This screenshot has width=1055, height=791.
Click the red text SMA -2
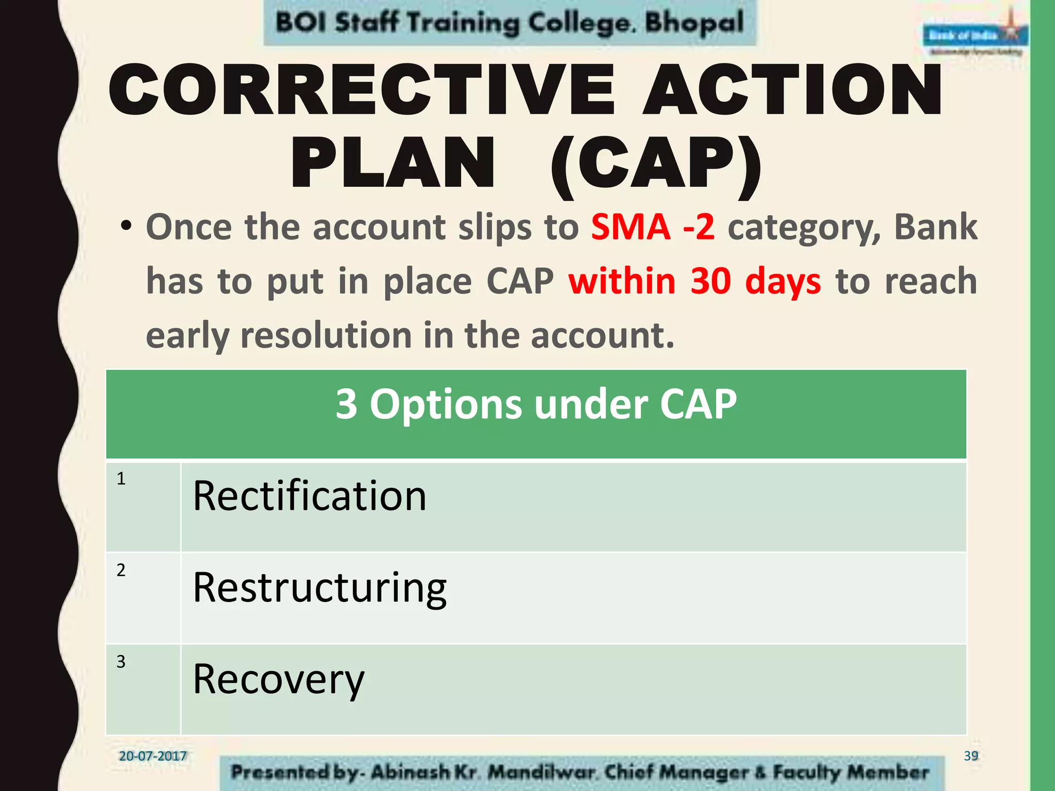[653, 227]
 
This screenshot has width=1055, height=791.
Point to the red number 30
[710, 281]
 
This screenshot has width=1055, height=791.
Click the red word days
[783, 282]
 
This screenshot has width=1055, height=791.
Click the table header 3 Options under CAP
[536, 405]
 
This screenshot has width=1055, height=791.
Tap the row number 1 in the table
[121, 479]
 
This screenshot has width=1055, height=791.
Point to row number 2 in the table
[121, 570]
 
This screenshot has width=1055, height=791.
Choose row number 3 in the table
[121, 662]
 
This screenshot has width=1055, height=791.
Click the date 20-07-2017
[152, 756]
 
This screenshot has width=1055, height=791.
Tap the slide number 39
[971, 756]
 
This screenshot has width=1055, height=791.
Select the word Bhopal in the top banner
[694, 23]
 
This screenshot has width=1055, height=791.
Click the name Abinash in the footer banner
[410, 772]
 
